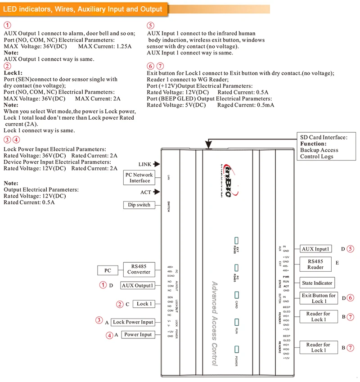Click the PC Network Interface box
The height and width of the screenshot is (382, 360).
pos(139,178)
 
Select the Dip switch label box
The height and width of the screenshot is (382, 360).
pos(139,205)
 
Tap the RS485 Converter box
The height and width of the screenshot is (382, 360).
pos(139,269)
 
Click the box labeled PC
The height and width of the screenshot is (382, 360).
pos(108,270)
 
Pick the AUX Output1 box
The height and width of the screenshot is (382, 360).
pos(138,285)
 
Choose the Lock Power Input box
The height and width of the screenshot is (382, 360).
pos(133,322)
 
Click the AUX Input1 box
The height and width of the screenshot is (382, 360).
pos(315,249)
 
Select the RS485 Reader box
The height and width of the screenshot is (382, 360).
pos(315,264)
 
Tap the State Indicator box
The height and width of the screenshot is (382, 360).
pos(317,283)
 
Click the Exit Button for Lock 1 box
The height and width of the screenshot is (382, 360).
pos(319,298)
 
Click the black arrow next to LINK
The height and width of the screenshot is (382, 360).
pos(156,164)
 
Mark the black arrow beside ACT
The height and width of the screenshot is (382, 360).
pos(156,192)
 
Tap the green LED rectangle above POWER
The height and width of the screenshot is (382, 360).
pos(236,350)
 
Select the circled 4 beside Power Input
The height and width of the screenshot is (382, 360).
pos(109,335)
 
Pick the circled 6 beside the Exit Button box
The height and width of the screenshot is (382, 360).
pos(351,298)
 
